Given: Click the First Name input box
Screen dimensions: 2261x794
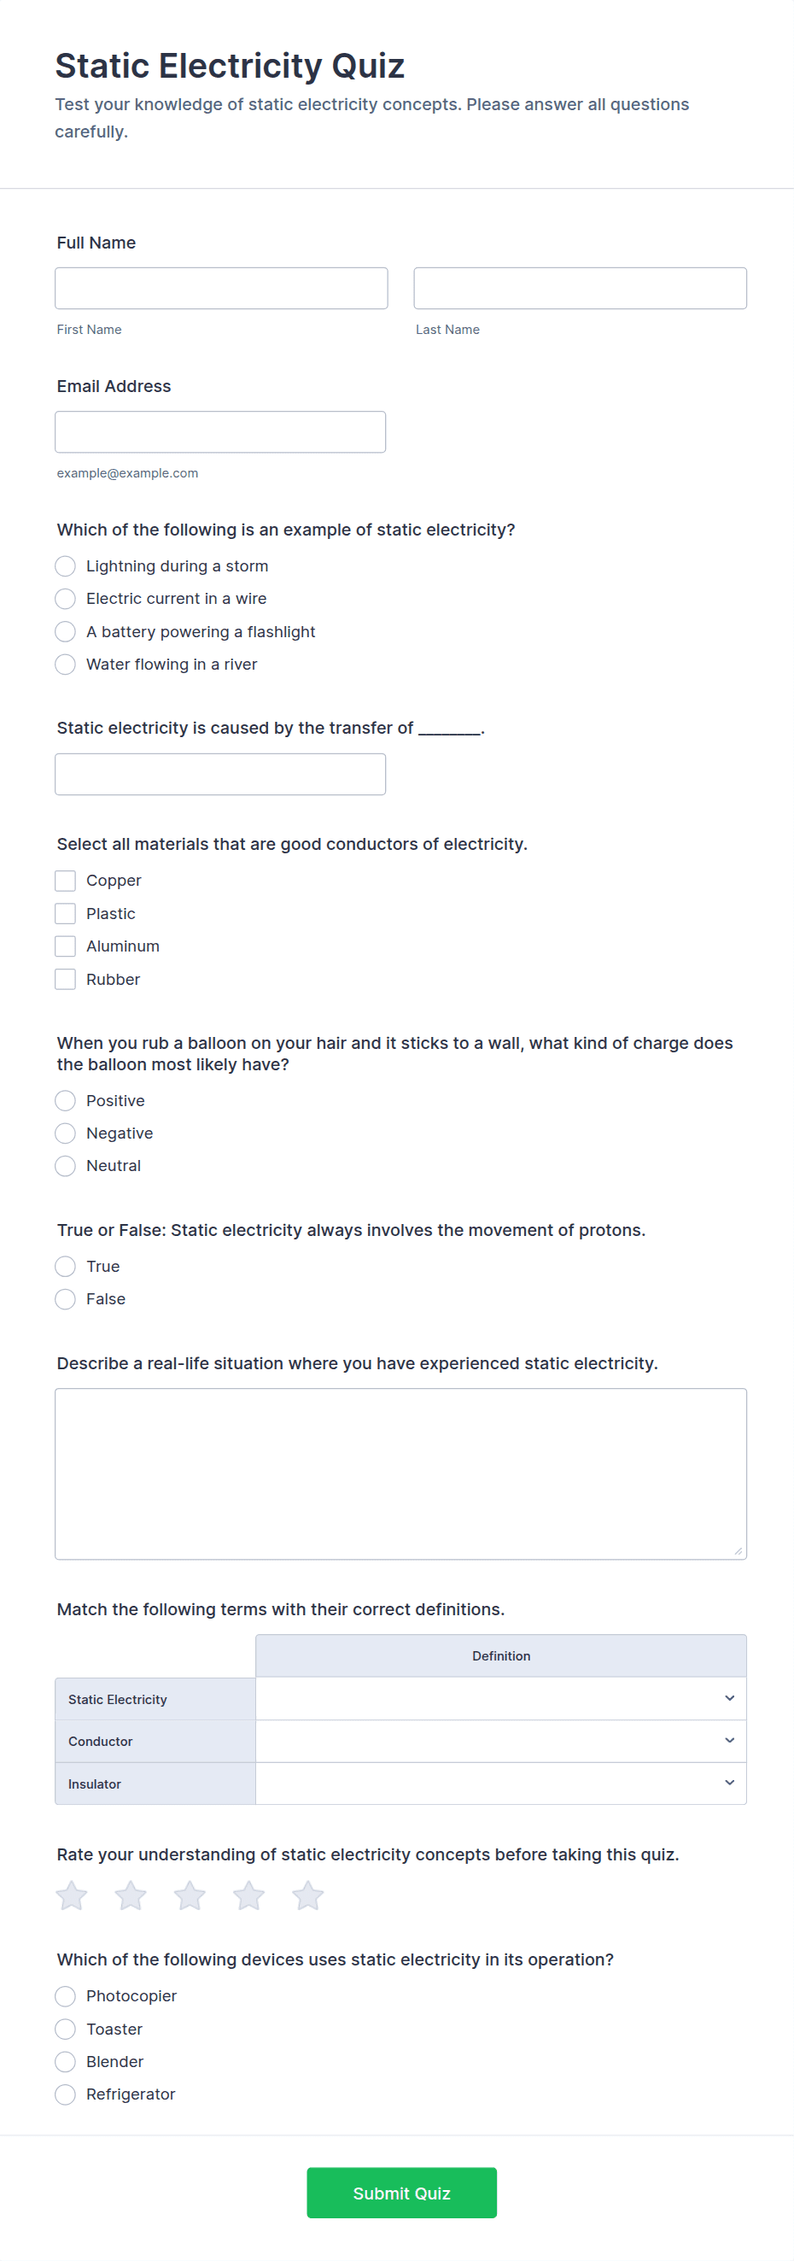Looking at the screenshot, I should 221,288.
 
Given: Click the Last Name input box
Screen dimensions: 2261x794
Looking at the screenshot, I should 580,288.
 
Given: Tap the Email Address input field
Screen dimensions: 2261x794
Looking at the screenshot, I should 220,432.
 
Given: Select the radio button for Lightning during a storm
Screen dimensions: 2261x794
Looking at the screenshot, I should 65,566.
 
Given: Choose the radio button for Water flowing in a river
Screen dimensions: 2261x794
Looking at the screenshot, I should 65,665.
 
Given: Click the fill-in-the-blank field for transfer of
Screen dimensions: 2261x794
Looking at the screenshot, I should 220,774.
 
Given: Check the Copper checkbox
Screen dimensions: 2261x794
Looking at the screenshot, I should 65,881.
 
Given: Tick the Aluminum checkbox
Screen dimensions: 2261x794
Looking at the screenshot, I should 65,946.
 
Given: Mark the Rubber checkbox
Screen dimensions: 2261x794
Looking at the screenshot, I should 65,980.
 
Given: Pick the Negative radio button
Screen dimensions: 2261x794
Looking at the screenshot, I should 65,1133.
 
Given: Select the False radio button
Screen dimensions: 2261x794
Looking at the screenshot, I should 65,1299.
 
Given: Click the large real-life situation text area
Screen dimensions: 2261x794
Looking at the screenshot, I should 401,1473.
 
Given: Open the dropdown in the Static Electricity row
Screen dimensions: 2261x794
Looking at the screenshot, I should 501,1698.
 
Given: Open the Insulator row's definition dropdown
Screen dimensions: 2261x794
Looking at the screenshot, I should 501,1784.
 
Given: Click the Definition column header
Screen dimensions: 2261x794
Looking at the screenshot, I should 501,1656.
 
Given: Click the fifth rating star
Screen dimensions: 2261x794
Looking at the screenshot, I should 308,1896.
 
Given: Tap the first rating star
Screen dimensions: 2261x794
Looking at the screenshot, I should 72,1896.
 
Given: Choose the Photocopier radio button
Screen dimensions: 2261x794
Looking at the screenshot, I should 65,1997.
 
